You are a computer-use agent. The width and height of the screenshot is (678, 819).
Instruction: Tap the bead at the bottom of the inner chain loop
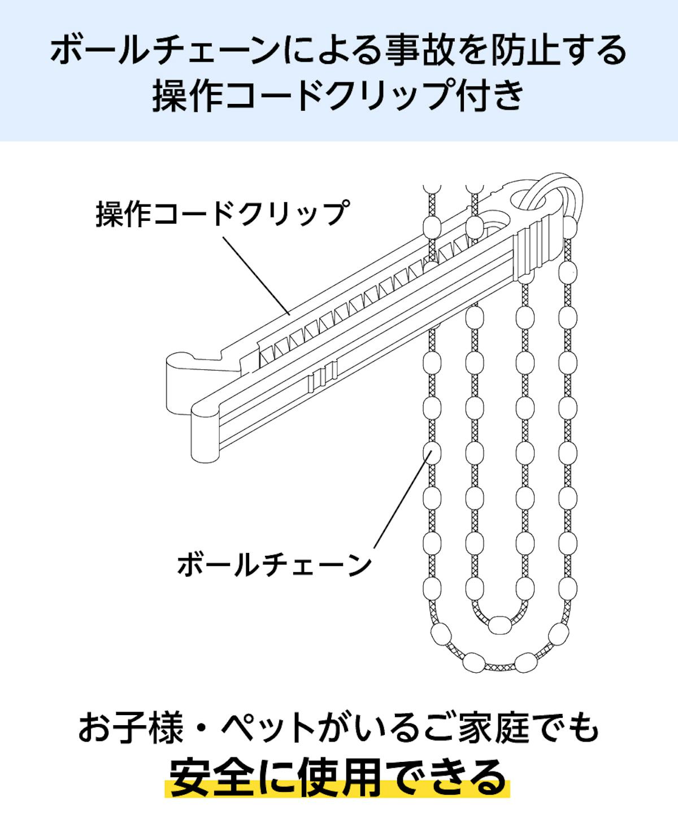(499, 624)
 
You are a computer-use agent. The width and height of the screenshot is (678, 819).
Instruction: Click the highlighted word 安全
(211, 778)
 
